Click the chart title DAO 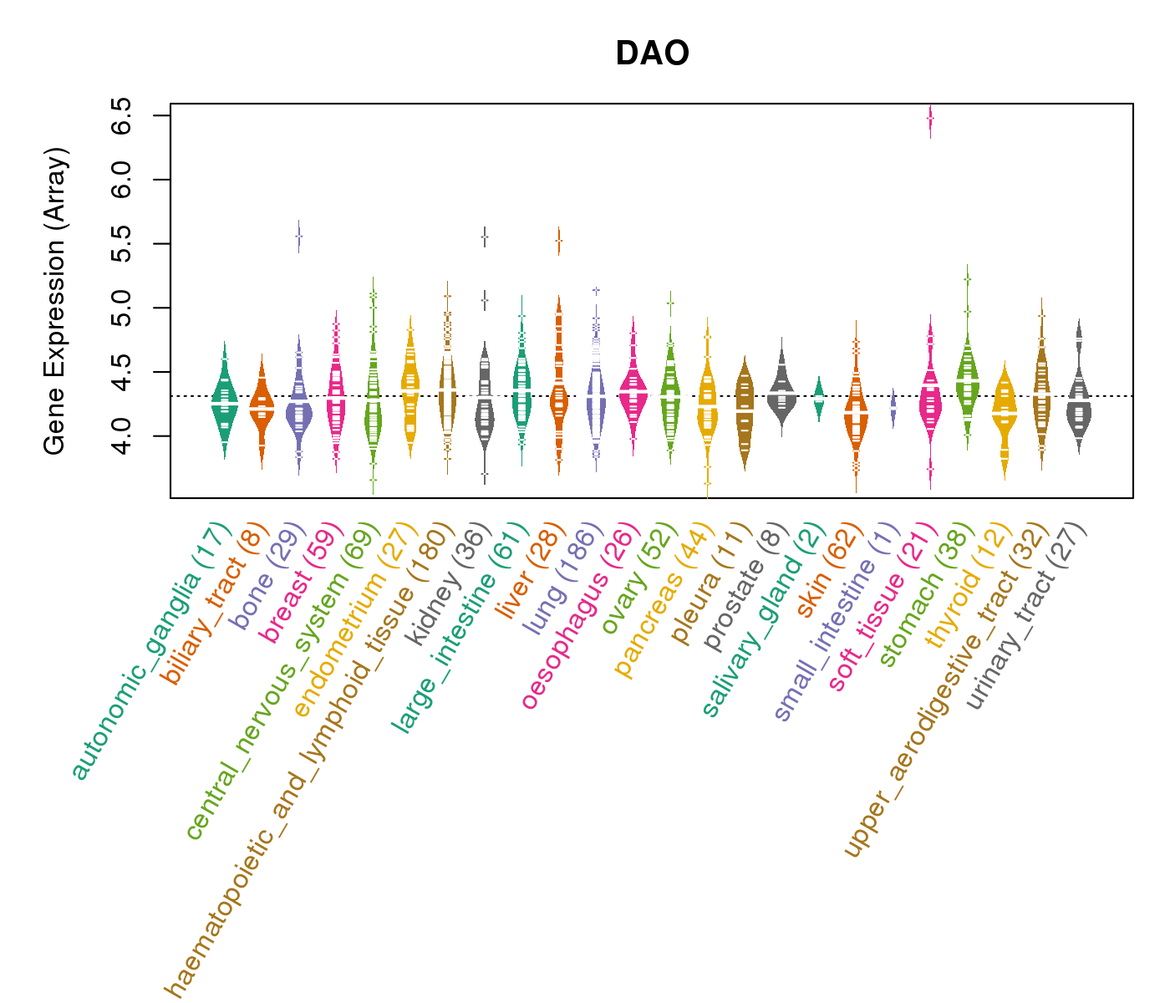pos(652,53)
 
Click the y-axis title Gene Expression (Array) pos(55,301)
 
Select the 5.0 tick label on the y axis pos(121,308)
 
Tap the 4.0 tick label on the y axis pos(121,435)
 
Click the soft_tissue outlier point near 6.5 pos(930,120)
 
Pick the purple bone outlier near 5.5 pos(298,237)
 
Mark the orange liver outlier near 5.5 pos(558,241)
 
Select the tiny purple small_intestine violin pos(893,409)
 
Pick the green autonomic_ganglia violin pos(224,401)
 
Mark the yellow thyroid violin pos(1005,414)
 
